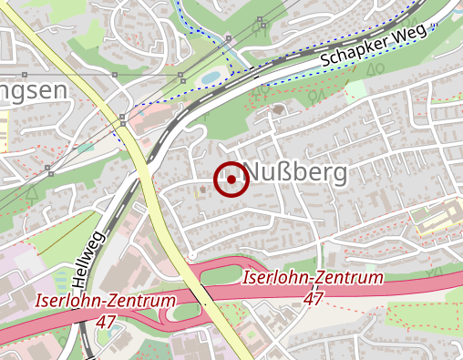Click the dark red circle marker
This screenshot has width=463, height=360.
[231, 180]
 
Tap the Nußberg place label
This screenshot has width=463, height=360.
[296, 173]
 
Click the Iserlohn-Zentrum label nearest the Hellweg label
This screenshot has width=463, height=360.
[105, 301]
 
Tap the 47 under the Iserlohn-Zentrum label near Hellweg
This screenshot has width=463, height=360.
[106, 321]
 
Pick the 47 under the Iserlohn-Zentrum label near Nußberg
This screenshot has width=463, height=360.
[314, 297]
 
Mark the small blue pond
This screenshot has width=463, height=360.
[211, 76]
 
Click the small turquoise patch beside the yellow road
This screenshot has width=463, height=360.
[85, 147]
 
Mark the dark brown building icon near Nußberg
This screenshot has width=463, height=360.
[277, 110]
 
